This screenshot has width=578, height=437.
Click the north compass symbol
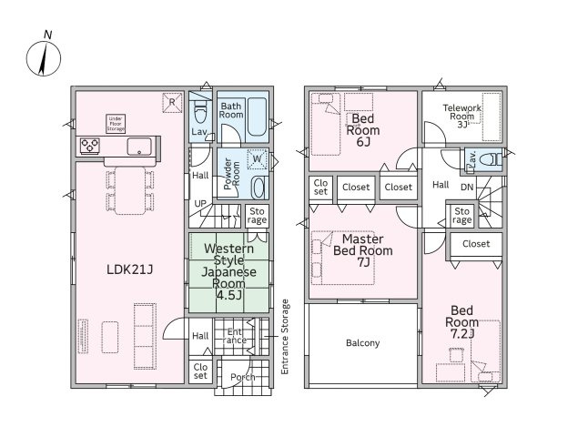44,58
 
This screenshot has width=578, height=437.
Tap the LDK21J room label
129,269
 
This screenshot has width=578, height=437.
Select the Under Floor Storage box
116,124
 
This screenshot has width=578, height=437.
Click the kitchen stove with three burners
90,146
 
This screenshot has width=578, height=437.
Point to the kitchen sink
139,147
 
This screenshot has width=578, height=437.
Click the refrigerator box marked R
172,102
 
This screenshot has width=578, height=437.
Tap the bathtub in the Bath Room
257,117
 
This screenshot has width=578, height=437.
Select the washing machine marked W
257,159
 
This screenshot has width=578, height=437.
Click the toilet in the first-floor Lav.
200,113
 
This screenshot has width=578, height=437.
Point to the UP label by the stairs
200,204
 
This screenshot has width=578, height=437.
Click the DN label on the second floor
467,188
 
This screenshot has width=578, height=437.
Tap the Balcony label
362,343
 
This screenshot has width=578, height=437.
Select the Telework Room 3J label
461,116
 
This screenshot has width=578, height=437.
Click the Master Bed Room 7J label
362,250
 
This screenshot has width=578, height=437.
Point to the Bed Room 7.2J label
461,322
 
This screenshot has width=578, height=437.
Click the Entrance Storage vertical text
285,337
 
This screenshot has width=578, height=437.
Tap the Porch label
242,377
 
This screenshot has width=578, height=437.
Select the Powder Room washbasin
258,188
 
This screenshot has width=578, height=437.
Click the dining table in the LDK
130,190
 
